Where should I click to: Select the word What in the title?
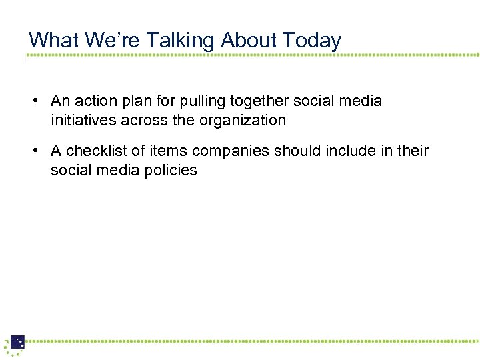(x=54, y=40)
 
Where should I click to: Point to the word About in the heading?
(x=249, y=40)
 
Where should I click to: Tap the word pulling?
(x=202, y=101)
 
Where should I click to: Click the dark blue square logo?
(x=17, y=343)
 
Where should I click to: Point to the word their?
(x=413, y=151)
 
